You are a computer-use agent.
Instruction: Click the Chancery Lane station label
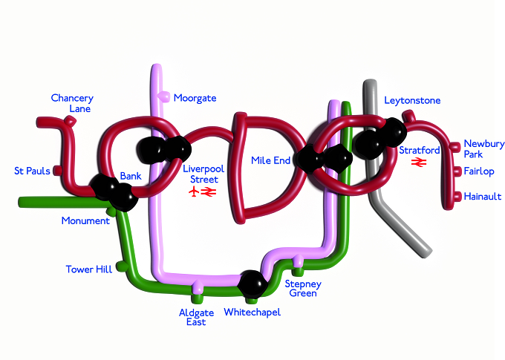(x=72, y=103)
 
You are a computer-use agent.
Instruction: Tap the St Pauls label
(x=32, y=171)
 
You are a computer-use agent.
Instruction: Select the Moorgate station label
(x=195, y=98)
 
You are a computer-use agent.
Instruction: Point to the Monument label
(x=85, y=220)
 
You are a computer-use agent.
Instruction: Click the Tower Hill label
(x=89, y=269)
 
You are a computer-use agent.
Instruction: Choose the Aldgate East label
(x=197, y=317)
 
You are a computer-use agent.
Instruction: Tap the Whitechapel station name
(x=252, y=312)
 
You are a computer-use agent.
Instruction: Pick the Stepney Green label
(x=303, y=289)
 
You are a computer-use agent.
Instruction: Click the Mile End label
(x=270, y=160)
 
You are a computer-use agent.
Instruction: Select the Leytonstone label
(x=412, y=100)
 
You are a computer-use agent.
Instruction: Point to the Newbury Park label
(x=483, y=148)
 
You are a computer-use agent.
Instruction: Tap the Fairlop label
(x=479, y=171)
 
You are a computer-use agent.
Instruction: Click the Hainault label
(x=483, y=197)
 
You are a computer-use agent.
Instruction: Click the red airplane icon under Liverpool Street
(x=194, y=192)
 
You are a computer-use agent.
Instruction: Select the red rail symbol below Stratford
(x=419, y=163)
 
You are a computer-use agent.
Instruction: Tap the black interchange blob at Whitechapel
(x=252, y=284)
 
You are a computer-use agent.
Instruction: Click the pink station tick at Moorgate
(x=164, y=96)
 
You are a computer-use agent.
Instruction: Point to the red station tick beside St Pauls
(x=57, y=171)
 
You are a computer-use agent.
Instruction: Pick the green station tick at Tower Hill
(x=123, y=266)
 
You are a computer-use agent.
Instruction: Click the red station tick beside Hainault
(x=457, y=197)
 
